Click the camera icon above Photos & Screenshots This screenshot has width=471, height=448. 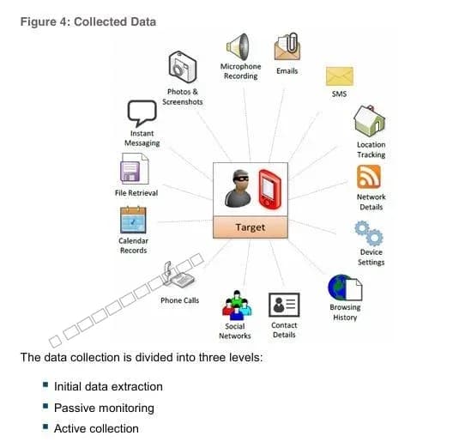tap(183, 67)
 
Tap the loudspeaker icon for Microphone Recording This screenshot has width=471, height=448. tap(239, 47)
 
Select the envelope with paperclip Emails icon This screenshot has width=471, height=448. tap(287, 46)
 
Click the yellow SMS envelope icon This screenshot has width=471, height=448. tap(340, 76)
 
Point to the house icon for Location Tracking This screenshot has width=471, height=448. tap(370, 121)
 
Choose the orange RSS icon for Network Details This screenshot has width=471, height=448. tap(369, 177)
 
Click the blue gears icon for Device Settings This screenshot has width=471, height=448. tap(369, 233)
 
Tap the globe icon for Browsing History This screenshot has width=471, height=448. tap(345, 288)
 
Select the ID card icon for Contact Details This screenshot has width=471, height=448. tap(284, 305)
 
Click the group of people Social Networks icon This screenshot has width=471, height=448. tap(237, 305)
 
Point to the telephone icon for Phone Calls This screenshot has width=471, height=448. tap(179, 275)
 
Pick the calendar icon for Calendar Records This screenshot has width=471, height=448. tap(133, 220)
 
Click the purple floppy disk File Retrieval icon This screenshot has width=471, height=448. tap(135, 169)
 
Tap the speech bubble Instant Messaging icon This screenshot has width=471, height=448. tap(142, 113)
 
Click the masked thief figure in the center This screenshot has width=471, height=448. tap(239, 189)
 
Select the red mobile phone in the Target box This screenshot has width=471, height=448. tap(269, 190)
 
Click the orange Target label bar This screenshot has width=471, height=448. tap(251, 227)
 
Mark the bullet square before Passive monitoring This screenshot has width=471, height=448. tap(45, 406)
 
